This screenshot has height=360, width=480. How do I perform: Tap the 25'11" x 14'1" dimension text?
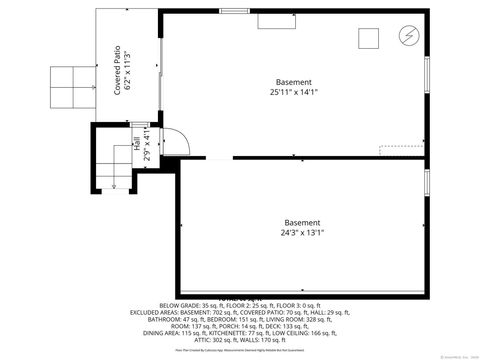pos(293,92)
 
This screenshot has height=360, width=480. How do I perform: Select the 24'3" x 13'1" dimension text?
pos(302,233)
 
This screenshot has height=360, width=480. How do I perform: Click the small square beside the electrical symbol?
pos(369,38)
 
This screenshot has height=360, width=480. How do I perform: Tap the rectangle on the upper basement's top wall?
pos(272,19)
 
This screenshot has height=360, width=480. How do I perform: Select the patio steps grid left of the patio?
pos(72,87)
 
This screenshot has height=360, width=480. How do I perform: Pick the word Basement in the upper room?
pos(294,81)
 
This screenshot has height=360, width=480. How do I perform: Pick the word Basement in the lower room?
pos(302,222)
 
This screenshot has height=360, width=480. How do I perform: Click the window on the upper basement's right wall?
pos(427,75)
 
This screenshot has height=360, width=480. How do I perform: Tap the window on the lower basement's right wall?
pos(427,182)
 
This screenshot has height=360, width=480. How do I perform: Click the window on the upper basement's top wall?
pos(234,11)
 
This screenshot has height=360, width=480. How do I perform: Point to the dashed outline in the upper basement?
pos(400,150)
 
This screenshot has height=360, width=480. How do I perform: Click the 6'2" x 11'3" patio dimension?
pos(128,70)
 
